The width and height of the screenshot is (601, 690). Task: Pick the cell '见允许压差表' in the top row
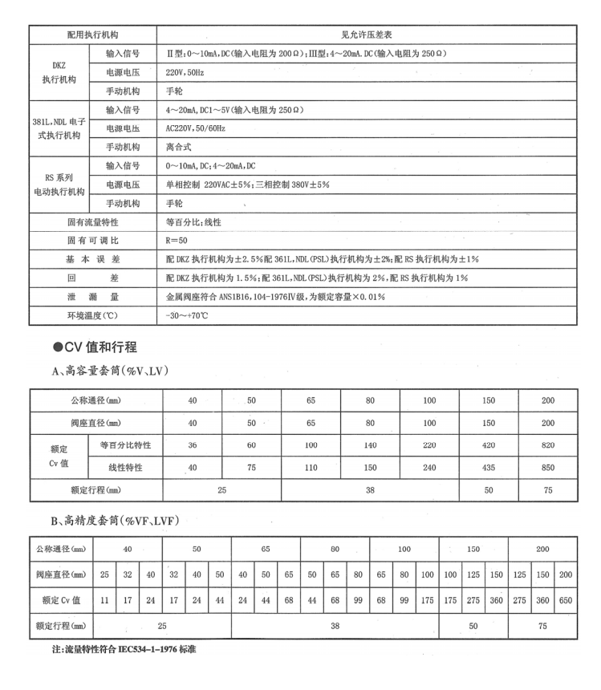pyautogui.click(x=367, y=35)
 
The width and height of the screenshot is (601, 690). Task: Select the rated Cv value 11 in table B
pyautogui.click(x=104, y=599)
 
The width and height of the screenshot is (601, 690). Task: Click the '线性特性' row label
pyautogui.click(x=127, y=466)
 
